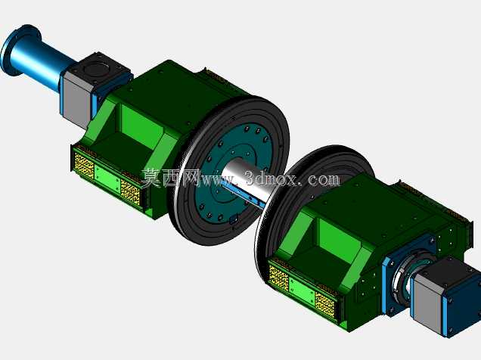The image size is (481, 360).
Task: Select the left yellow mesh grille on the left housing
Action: [83, 166]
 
